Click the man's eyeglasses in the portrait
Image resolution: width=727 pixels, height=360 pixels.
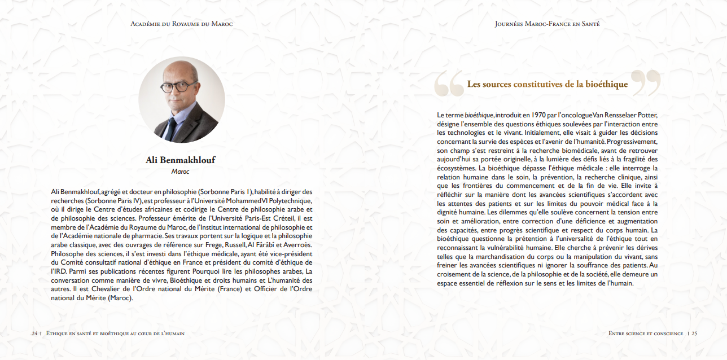pos(176,87)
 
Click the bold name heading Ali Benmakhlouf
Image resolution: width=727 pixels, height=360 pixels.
pos(181,160)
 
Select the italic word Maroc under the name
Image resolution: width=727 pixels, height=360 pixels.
pos(181,171)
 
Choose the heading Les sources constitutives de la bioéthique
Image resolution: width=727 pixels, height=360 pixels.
pos(547,85)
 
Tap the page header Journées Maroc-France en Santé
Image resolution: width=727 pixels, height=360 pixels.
pos(547,24)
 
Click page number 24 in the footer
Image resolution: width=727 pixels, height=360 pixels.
pos(34,333)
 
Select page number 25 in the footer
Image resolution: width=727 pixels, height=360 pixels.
pos(694,333)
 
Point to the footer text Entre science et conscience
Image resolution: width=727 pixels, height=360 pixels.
pos(646,333)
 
